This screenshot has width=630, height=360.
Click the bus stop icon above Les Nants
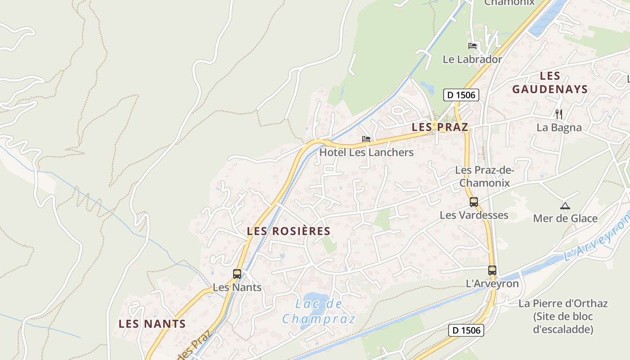click(237, 274)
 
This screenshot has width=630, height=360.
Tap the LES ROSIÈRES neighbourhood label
click(288, 231)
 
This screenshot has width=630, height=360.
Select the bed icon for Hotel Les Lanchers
click(366, 139)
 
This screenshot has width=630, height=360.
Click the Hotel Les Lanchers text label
click(366, 152)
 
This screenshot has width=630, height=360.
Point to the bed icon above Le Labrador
click(472, 46)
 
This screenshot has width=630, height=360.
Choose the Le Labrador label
click(472, 59)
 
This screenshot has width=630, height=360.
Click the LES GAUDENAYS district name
click(550, 82)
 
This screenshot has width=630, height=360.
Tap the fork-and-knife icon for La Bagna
click(559, 114)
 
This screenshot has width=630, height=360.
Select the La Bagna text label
click(559, 127)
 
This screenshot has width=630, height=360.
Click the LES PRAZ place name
click(440, 127)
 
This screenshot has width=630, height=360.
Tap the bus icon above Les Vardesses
click(474, 202)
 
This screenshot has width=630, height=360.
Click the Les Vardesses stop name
click(474, 215)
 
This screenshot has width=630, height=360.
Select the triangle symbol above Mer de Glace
click(565, 206)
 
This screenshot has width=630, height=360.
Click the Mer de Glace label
click(565, 219)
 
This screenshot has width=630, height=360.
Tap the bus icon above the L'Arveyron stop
click(492, 270)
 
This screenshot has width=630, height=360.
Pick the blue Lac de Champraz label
click(319, 311)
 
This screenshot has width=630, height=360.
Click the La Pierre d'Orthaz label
click(563, 316)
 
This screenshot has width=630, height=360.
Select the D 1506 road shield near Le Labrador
click(461, 95)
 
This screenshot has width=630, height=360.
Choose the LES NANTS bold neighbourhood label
click(152, 324)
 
